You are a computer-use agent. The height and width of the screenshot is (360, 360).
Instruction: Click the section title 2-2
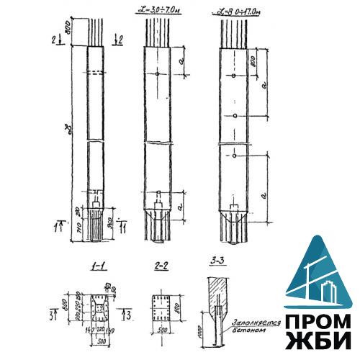(x=161, y=266)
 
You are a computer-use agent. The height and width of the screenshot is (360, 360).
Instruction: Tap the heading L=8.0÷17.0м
(x=237, y=9)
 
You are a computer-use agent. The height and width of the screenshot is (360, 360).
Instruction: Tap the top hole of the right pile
(x=235, y=76)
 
